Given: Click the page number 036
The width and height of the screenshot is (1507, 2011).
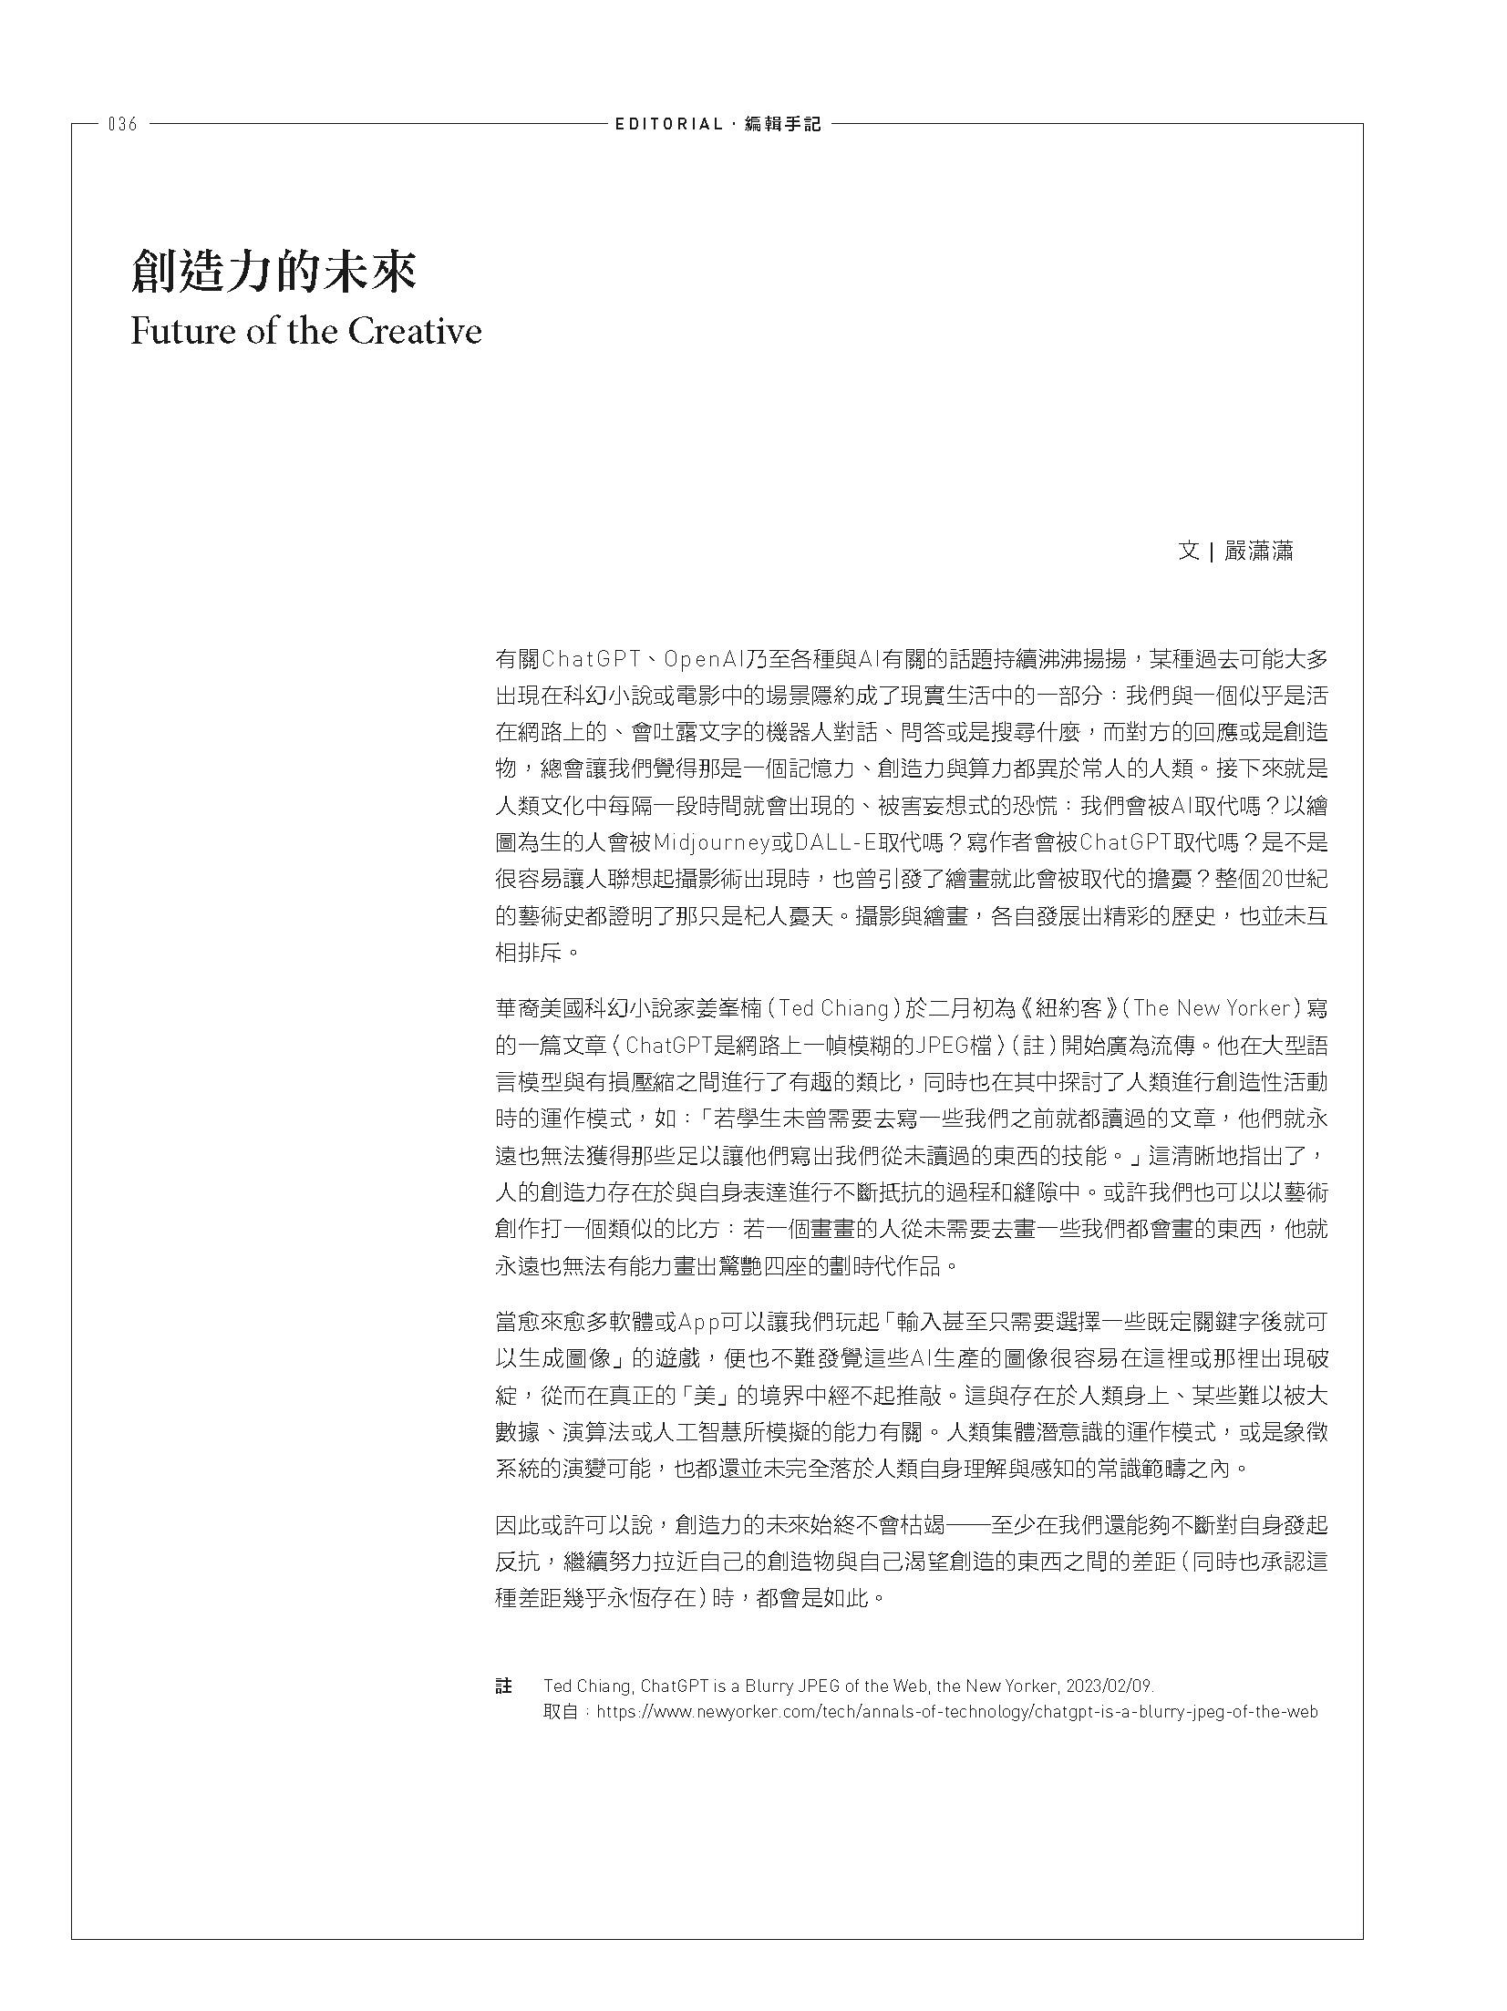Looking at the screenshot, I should pos(122,125).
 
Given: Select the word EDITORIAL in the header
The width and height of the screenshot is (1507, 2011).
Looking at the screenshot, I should pos(668,125).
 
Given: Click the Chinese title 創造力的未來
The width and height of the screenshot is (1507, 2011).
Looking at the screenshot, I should pos(274,272).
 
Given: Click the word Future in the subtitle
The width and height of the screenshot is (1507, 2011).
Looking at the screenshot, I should pos(182,331).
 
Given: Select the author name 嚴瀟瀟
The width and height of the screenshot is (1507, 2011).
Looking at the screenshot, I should pos(1258,552).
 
